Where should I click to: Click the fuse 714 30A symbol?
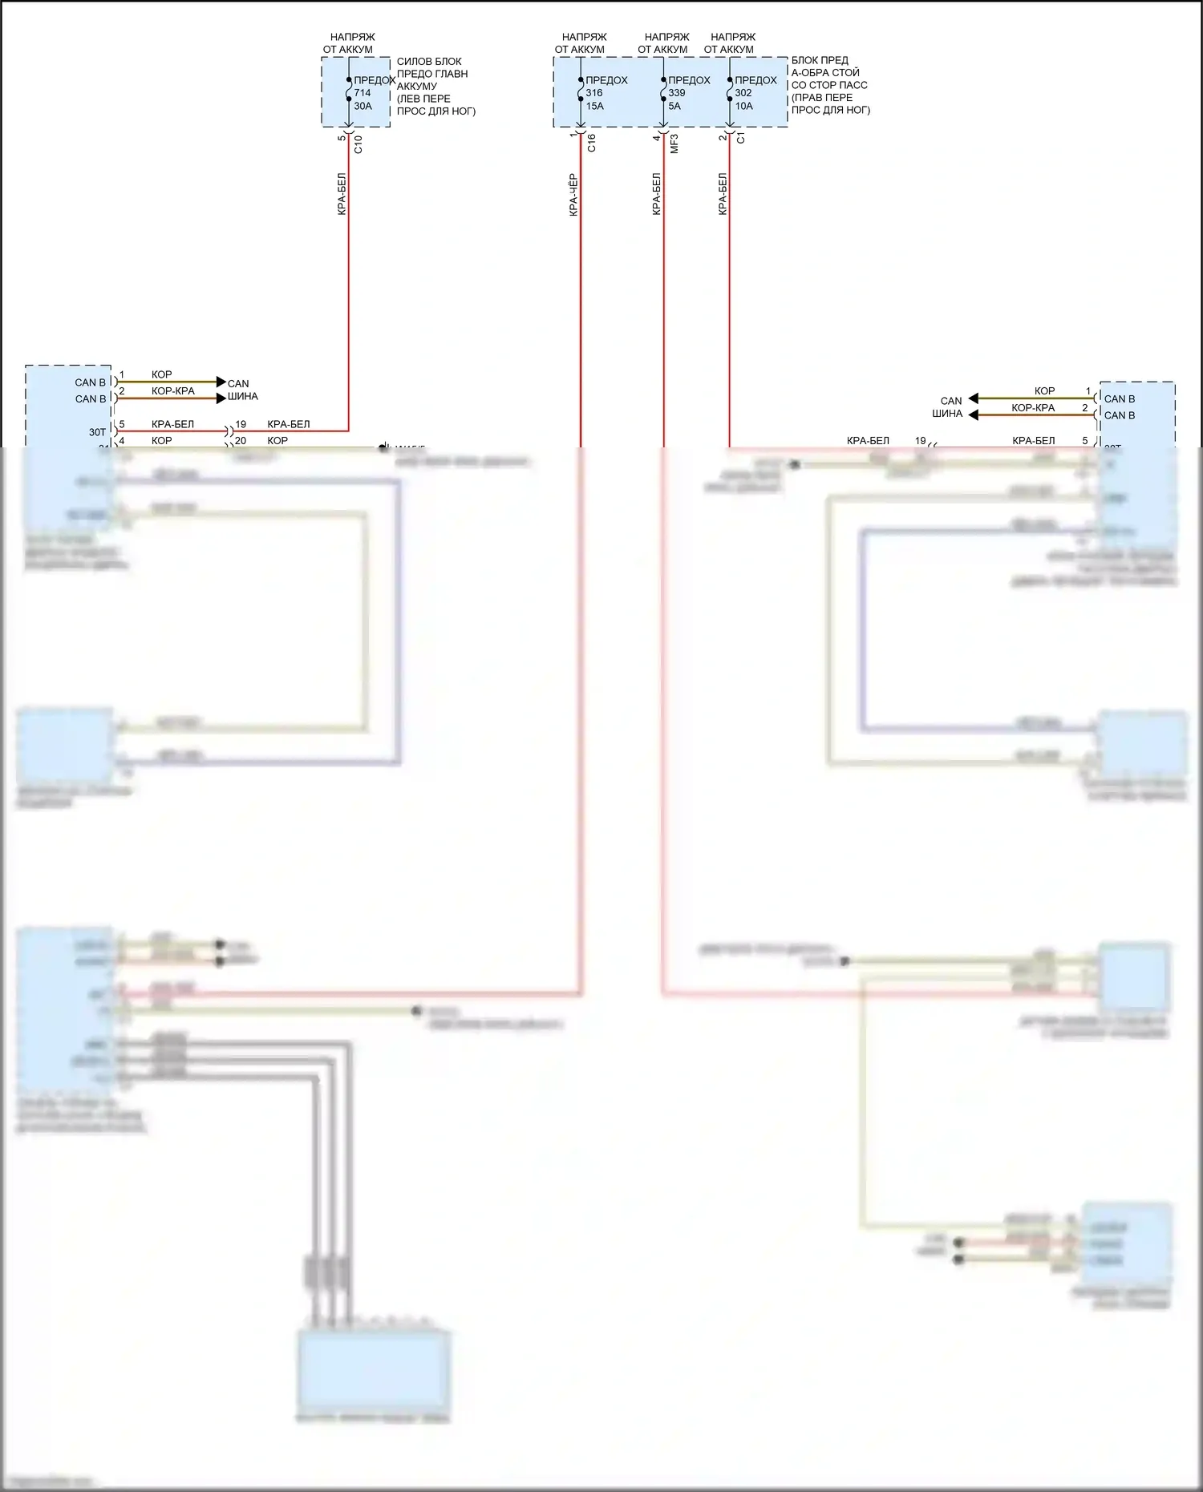coord(349,93)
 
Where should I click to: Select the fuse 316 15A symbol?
coord(581,93)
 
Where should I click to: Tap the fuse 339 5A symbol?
coord(663,93)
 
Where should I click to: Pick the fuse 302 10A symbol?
coord(730,93)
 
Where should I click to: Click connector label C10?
coord(358,144)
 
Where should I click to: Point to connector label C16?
coord(591,144)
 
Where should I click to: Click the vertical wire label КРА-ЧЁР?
coord(573,195)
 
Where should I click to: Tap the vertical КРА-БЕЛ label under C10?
coord(342,194)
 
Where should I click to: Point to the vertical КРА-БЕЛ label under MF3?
coord(656,194)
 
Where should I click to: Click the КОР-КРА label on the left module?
coord(173,391)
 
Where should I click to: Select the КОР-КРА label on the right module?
coord(1033,408)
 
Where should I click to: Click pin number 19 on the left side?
coord(241,424)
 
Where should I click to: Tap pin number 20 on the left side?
coord(241,440)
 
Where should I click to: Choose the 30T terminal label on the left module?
coord(97,432)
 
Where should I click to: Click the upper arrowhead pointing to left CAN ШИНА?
coord(221,382)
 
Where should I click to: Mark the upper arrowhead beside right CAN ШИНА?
coord(974,398)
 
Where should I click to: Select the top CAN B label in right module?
coord(1119,398)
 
